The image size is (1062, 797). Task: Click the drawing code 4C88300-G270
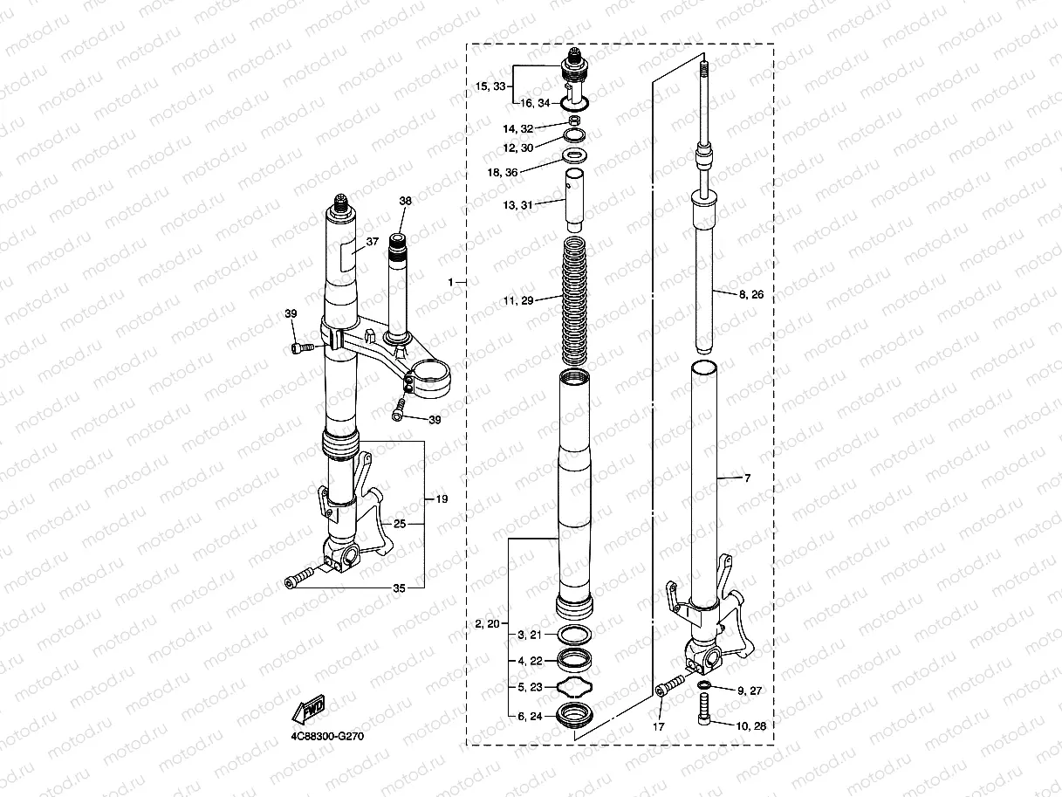pos(327,736)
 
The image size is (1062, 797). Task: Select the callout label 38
pos(406,201)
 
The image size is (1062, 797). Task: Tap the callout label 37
pos(372,241)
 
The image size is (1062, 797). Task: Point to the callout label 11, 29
pos(518,300)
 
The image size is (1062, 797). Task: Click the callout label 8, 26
pos(750,294)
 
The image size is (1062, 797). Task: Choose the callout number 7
pos(748,478)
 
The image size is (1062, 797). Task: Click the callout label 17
pos(659,726)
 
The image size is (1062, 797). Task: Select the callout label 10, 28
pos(750,726)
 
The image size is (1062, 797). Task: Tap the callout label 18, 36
pos(503,172)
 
